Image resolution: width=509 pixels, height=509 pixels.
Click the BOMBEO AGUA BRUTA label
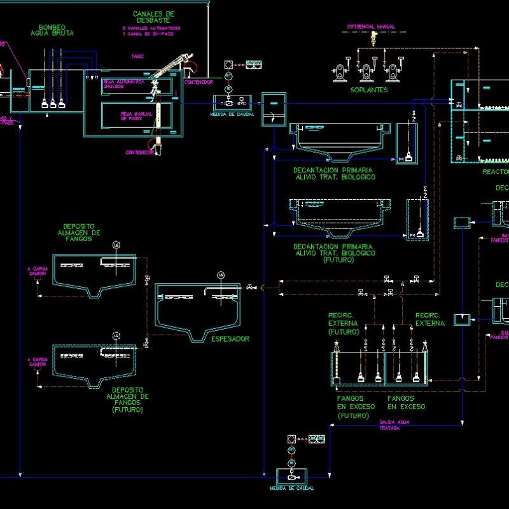pyautogui.click(x=56, y=30)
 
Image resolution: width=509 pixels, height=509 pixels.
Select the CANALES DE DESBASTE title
pyautogui.click(x=153, y=17)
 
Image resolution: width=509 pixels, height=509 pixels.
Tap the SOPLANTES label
pyautogui.click(x=368, y=90)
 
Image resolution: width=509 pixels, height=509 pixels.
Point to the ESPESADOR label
pyautogui.click(x=230, y=339)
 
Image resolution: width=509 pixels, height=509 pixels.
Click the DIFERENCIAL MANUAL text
pyautogui.click(x=371, y=27)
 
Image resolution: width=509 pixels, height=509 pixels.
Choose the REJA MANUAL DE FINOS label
pyautogui.click(x=132, y=116)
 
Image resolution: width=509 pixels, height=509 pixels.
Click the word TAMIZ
pyautogui.click(x=137, y=57)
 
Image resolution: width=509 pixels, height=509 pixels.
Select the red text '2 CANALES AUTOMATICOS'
pyautogui.click(x=151, y=29)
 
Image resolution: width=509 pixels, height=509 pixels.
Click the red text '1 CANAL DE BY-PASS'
pyautogui.click(x=147, y=34)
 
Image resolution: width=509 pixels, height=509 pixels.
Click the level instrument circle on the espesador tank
pyautogui.click(x=221, y=275)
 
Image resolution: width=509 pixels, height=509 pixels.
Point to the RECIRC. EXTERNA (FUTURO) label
pyautogui.click(x=344, y=323)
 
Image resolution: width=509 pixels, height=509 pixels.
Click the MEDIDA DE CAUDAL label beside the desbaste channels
pyautogui.click(x=232, y=115)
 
